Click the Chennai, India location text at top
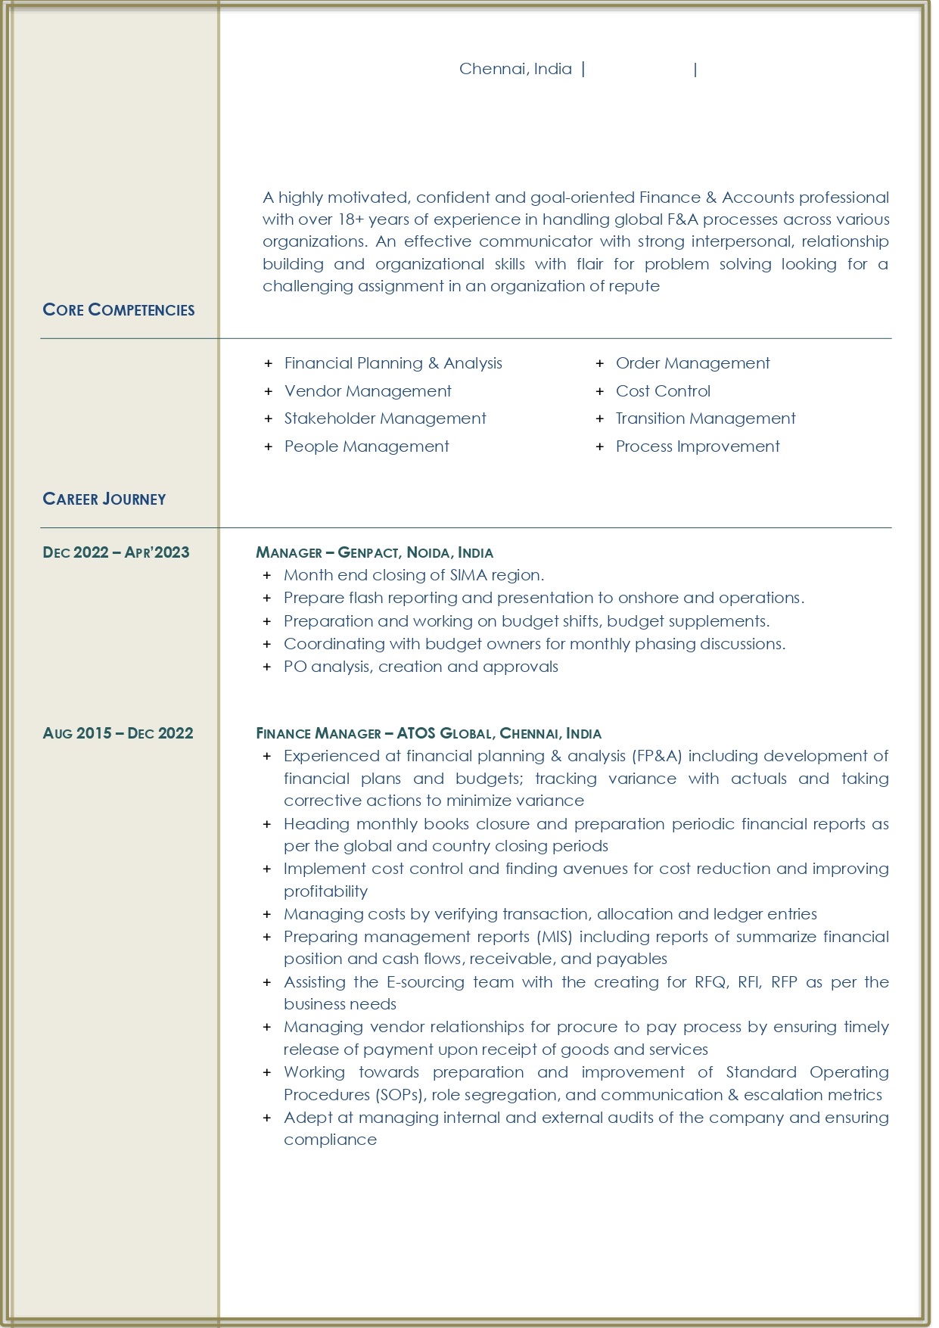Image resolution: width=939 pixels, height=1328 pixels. (515, 69)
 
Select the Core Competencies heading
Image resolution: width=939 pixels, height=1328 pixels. (119, 309)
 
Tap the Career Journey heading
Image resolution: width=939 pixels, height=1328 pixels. (104, 499)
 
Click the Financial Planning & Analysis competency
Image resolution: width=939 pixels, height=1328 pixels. (393, 363)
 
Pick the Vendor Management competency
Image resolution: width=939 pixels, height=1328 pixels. (368, 391)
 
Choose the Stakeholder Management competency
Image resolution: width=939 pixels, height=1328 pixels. (385, 418)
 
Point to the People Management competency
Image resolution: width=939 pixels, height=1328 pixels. (366, 446)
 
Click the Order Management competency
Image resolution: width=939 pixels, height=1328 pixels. (692, 363)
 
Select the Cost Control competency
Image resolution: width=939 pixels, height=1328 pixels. (663, 391)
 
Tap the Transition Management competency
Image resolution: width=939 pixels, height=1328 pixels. (705, 418)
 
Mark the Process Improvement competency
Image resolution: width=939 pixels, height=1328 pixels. (698, 446)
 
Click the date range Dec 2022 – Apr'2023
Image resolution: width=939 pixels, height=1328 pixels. (116, 552)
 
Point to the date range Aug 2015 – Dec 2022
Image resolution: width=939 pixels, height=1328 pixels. (118, 733)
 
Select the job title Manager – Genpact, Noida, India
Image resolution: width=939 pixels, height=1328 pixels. (375, 552)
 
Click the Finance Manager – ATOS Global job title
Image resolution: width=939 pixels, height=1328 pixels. (428, 733)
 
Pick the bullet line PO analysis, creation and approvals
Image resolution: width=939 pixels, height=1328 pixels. (421, 667)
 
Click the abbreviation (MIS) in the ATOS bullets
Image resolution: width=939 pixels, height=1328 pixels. (555, 937)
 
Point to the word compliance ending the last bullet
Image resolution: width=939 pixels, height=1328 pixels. (330, 1140)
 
